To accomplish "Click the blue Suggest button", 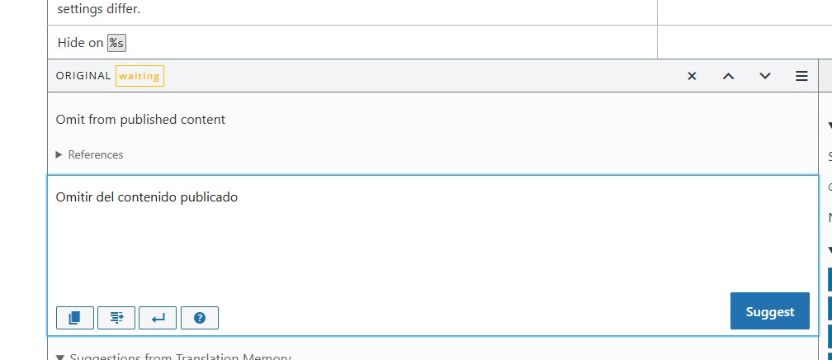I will click(769, 311).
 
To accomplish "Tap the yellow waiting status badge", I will click(139, 76).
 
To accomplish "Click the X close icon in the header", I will click(692, 76).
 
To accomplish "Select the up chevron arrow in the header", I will click(728, 76).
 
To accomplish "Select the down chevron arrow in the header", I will click(765, 76).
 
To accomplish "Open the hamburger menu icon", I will click(801, 76).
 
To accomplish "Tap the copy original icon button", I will click(74, 317).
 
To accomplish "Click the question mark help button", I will click(199, 317).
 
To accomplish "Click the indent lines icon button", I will click(116, 317).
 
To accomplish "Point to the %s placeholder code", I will click(116, 43).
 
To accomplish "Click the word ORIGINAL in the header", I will click(83, 76).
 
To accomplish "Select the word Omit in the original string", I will click(70, 120).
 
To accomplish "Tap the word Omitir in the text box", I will click(74, 197).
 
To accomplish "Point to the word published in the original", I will click(147, 120).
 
